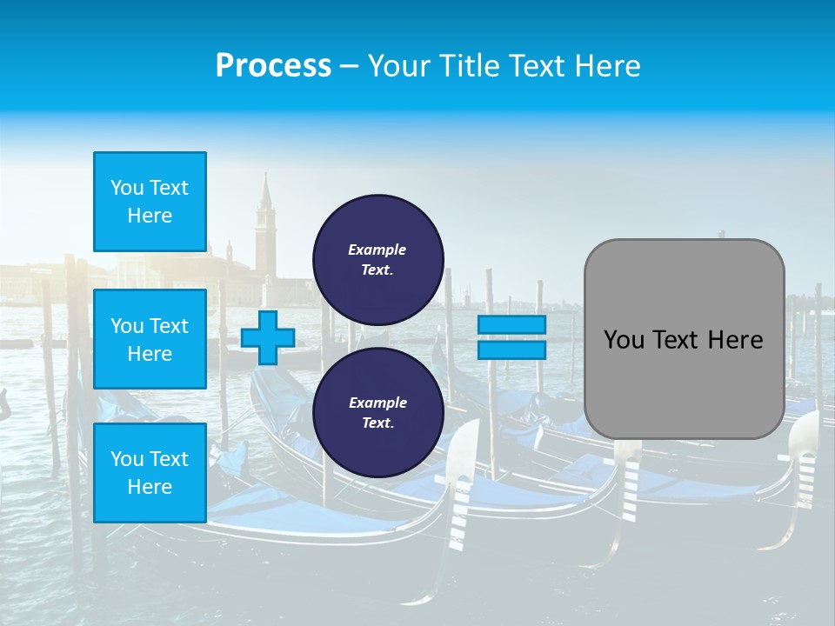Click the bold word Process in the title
[x=273, y=66]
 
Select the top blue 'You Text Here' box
[x=150, y=202]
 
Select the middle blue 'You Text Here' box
[x=150, y=339]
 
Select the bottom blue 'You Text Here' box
[x=150, y=472]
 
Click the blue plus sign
[x=267, y=337]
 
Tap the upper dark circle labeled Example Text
[x=377, y=259]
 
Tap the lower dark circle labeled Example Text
[x=377, y=413]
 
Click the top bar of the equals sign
[x=511, y=324]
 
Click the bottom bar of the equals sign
[x=511, y=350]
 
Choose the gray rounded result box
[x=684, y=339]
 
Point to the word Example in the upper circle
[x=377, y=250]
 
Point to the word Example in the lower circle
[x=377, y=403]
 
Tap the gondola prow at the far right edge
[x=805, y=461]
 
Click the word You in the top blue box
[x=127, y=188]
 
